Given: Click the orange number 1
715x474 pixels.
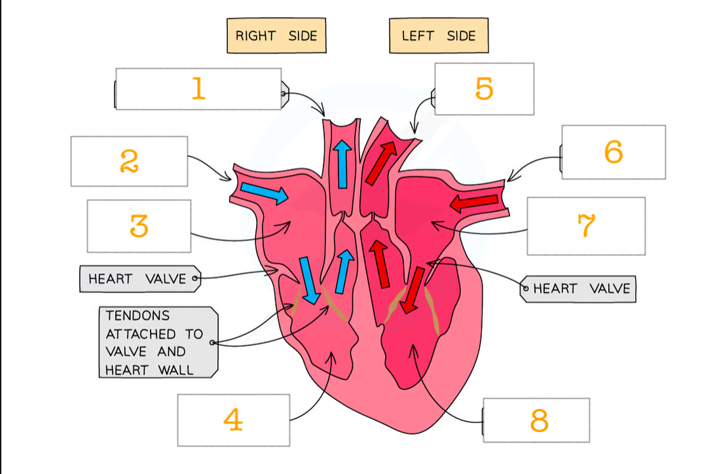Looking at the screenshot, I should [x=198, y=88].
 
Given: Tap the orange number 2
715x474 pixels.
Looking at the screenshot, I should [x=129, y=160].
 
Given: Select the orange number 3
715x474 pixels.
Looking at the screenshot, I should [x=139, y=226].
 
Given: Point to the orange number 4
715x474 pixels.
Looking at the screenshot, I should [x=232, y=420].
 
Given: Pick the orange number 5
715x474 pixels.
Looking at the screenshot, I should [x=484, y=88].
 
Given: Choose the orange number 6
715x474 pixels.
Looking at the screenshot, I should [x=614, y=152].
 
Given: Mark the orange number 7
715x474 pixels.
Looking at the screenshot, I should [x=586, y=227].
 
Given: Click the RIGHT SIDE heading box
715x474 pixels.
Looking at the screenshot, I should [x=276, y=35].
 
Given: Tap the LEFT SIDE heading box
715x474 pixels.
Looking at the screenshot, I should [x=438, y=35].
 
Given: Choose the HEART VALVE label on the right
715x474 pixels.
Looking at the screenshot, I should [x=581, y=289].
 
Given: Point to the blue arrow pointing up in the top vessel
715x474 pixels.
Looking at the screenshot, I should [x=340, y=163].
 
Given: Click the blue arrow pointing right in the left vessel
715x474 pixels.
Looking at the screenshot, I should [x=263, y=192].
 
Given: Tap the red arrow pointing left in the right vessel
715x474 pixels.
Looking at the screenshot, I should [x=474, y=204].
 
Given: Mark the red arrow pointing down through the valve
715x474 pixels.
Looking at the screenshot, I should [x=412, y=290].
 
